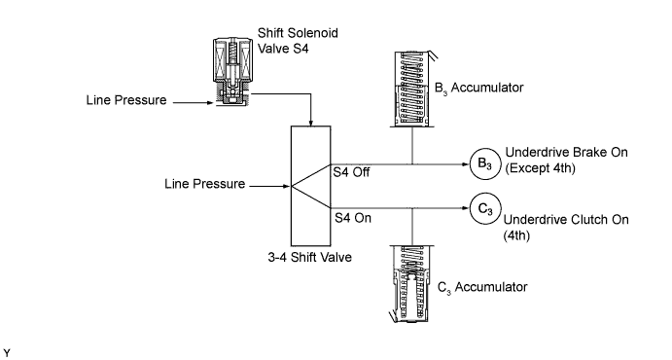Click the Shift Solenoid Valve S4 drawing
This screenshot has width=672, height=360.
click(231, 72)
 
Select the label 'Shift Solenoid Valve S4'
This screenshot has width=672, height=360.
click(298, 41)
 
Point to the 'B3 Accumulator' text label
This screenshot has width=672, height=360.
click(478, 89)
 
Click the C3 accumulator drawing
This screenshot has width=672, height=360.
click(409, 284)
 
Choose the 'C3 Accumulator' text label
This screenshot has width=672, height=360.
click(482, 288)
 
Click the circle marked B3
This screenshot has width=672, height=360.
click(485, 163)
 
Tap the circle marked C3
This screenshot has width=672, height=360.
click(485, 209)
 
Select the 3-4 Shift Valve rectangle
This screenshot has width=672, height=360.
click(310, 186)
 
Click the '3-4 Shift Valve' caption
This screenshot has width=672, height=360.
click(310, 257)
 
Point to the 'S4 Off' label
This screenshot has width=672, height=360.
click(351, 172)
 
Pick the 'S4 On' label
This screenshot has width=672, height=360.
click(353, 218)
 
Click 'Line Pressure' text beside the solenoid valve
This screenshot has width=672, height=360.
click(126, 100)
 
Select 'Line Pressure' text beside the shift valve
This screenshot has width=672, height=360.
click(205, 184)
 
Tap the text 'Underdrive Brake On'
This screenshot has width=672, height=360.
click(567, 152)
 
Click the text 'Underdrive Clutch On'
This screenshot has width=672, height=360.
click(566, 220)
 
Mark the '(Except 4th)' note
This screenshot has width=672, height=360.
click(540, 168)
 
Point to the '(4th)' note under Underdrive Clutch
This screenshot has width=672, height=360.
click(516, 235)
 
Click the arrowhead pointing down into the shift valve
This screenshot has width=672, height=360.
click(310, 123)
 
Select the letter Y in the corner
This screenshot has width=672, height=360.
click(7, 353)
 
